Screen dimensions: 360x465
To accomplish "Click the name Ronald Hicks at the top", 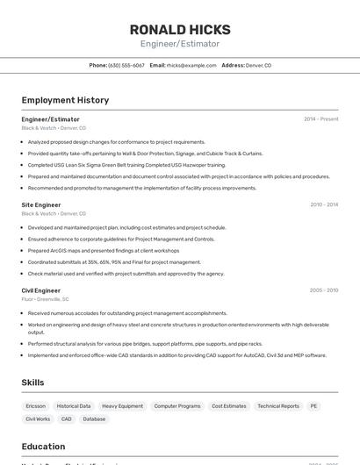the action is coord(180,29).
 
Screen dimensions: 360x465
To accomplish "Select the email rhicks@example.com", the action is coord(191,65).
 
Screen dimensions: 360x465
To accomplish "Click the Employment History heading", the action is coord(65,100).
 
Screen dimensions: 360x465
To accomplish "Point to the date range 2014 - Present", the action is coord(320,118).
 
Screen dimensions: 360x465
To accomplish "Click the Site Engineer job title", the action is coord(41,204).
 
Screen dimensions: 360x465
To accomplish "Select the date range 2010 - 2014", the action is coord(324,204).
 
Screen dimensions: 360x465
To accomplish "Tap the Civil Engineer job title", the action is coord(41,290).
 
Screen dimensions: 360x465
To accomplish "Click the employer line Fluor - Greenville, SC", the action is coord(46,299).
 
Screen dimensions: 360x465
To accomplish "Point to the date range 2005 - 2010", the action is coord(324,290).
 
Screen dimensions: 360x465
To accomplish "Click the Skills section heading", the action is coord(33,383).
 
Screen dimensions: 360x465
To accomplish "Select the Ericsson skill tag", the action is coord(36,406).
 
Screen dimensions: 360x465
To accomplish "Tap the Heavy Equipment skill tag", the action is coord(122,406).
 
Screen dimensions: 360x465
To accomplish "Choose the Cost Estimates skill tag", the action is coord(229,406).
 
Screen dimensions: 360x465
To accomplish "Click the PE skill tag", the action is coord(314,406).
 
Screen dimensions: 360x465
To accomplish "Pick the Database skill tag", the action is coord(94,419).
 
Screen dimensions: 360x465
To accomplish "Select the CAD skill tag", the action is coord(67,419).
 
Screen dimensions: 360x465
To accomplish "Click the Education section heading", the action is coord(43,446).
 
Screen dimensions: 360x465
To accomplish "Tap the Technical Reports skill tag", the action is coord(278,406).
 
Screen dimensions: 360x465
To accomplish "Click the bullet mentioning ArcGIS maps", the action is coord(104,250).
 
